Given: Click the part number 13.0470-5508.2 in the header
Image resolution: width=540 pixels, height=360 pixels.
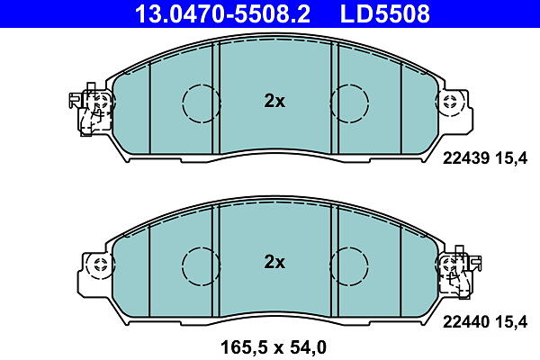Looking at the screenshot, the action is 223,13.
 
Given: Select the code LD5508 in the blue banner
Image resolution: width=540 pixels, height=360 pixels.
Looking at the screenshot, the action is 385,13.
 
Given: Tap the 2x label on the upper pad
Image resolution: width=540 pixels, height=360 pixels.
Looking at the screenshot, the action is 274,102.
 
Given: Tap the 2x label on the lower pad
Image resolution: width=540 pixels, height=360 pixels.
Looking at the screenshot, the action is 274,262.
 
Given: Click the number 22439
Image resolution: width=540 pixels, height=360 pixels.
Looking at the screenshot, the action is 466,158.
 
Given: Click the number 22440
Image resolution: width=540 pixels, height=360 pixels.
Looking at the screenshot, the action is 466,322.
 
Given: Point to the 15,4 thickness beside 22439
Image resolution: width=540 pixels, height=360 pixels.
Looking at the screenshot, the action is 511,158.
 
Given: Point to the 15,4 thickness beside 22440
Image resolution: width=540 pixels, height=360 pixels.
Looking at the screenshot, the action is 511,322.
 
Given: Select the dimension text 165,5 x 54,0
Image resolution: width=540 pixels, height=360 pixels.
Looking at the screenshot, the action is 273,347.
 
